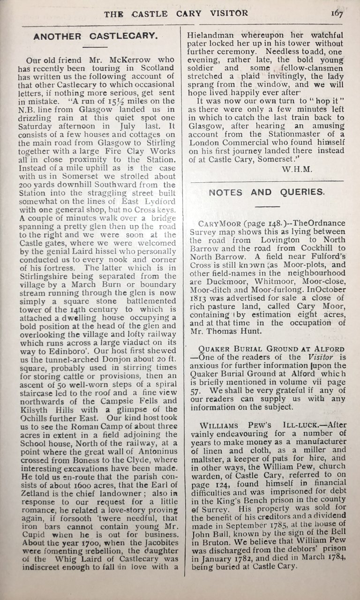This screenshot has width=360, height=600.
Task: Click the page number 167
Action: (x=337, y=13)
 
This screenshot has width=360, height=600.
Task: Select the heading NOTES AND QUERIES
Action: (x=266, y=192)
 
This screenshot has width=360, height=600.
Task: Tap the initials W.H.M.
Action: (x=298, y=169)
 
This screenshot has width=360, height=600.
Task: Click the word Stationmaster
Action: (x=285, y=134)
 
